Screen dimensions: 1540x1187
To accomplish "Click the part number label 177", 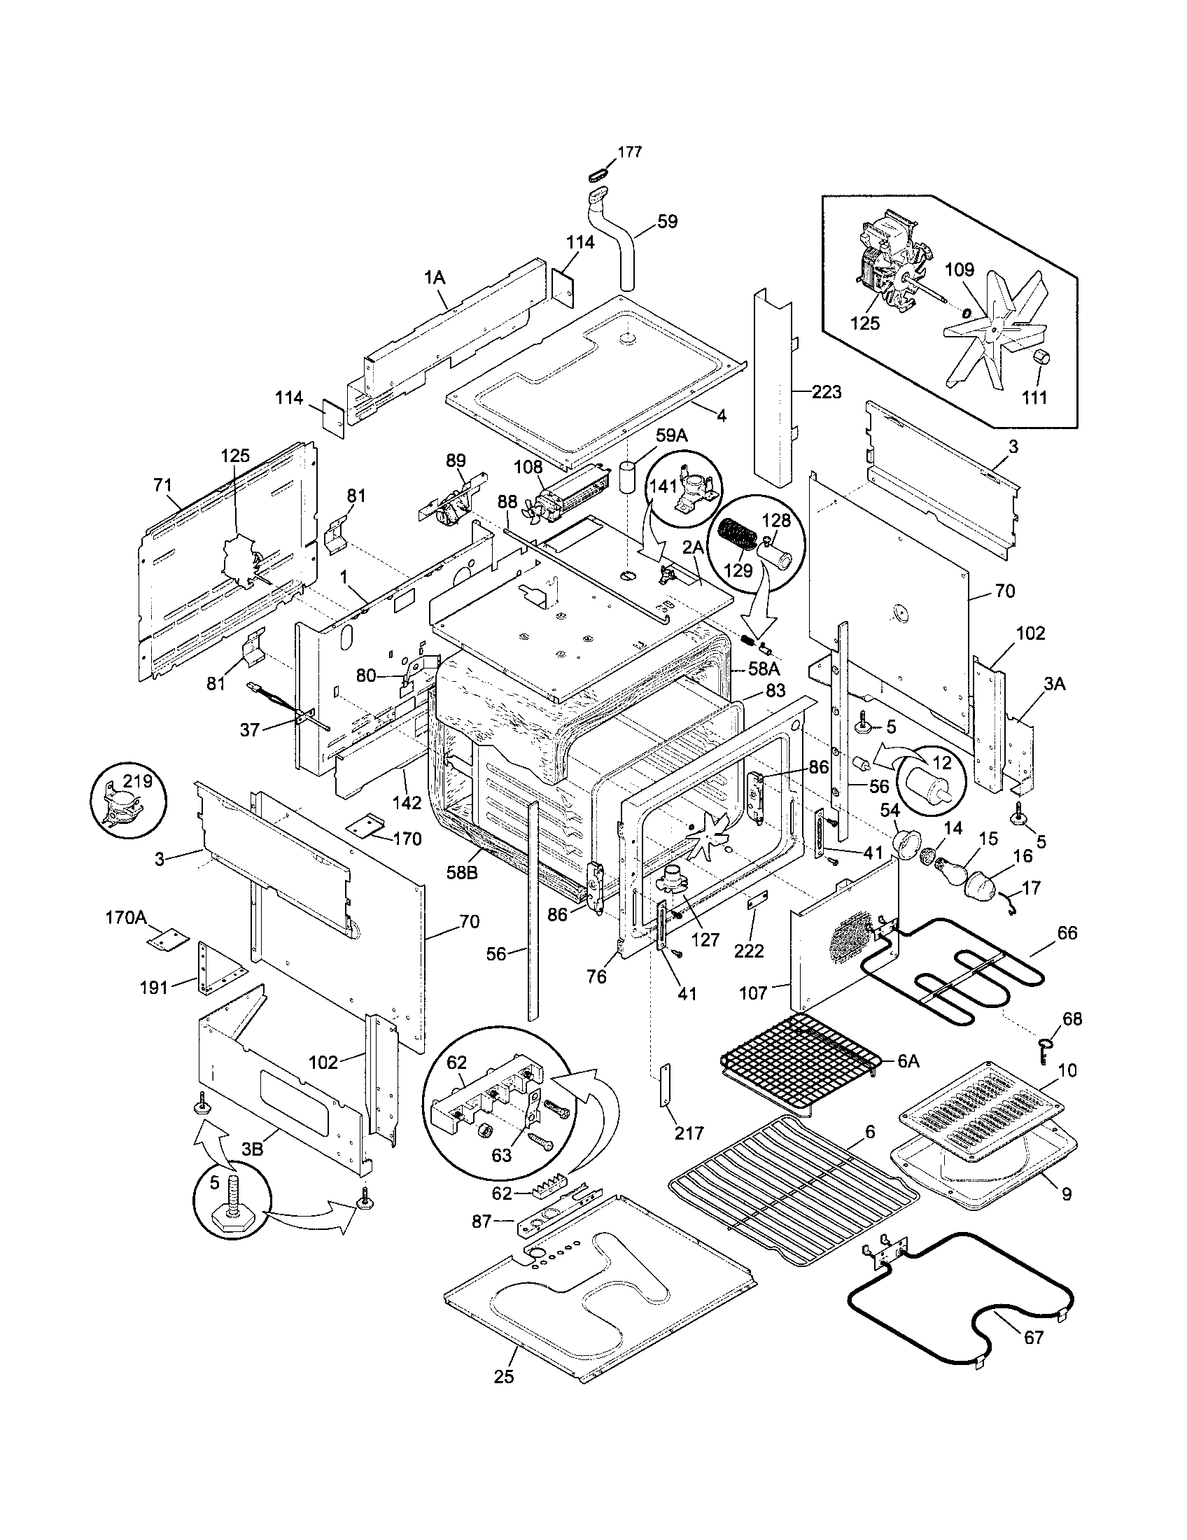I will coord(629,153).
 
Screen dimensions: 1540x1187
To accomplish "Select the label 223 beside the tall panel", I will coord(826,392).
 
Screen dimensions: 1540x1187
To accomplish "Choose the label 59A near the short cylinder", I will coord(671,437).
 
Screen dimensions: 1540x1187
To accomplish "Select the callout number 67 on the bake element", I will coord(1033,1337).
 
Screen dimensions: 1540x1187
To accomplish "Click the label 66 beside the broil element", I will coord(1067,933).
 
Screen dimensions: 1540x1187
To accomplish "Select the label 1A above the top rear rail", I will coord(435,277).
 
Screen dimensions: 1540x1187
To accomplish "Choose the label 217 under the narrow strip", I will coord(689,1133).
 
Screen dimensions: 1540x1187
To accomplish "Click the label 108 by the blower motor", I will coord(528,467).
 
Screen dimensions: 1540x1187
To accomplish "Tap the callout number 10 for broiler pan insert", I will coord(1067,1070).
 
